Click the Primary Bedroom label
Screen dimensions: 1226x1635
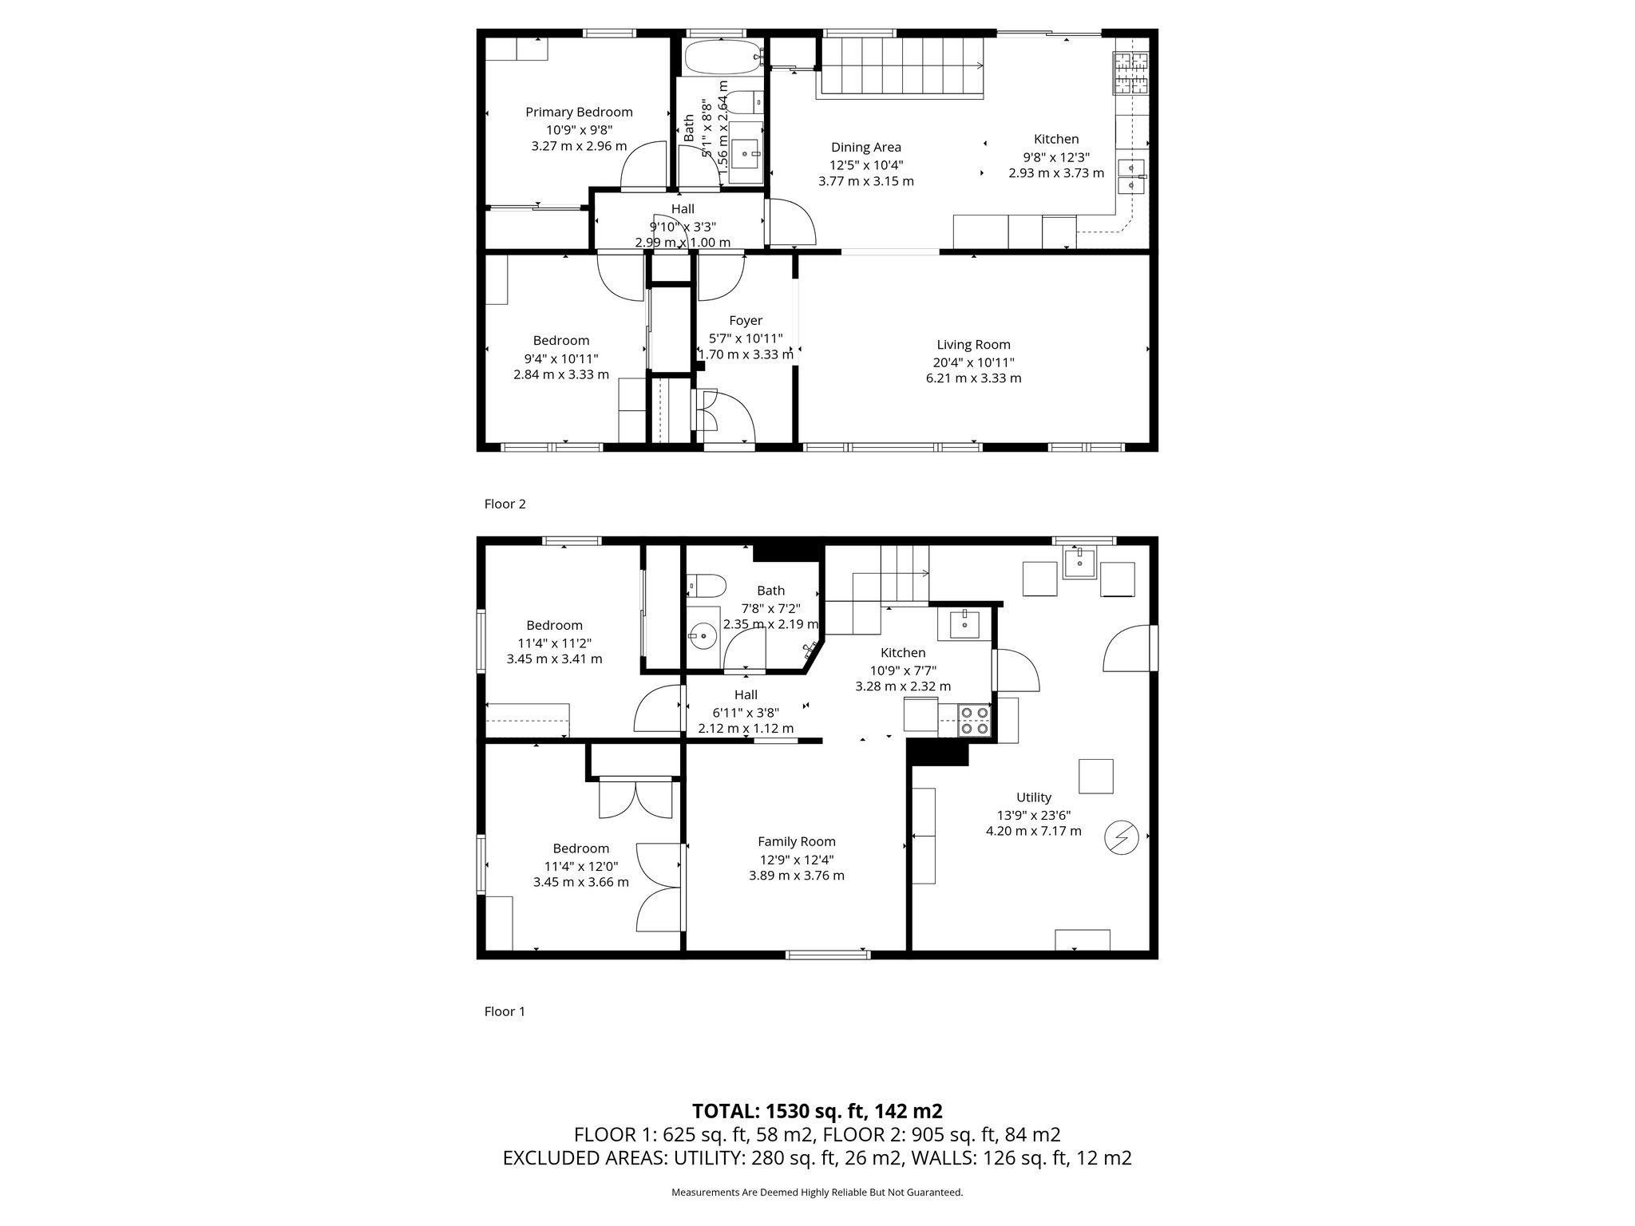pyautogui.click(x=579, y=113)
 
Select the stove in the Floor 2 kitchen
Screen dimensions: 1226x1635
pyautogui.click(x=1131, y=73)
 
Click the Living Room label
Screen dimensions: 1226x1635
pyautogui.click(x=973, y=345)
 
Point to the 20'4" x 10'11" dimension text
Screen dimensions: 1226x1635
pyautogui.click(x=973, y=362)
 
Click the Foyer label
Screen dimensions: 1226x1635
pyautogui.click(x=746, y=321)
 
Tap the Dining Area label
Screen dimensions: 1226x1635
pyautogui.click(x=866, y=147)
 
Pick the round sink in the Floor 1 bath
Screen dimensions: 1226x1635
pyautogui.click(x=704, y=636)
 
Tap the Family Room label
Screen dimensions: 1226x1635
pyautogui.click(x=796, y=841)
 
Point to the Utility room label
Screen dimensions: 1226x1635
pyautogui.click(x=1034, y=797)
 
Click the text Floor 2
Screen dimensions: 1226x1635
pyautogui.click(x=505, y=504)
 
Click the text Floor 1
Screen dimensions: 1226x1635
pyautogui.click(x=505, y=1011)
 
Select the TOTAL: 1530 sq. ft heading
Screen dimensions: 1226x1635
pyautogui.click(x=817, y=1111)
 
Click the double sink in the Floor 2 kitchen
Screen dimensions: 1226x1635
pyautogui.click(x=1131, y=176)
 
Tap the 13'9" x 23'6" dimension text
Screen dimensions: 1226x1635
pyautogui.click(x=1034, y=815)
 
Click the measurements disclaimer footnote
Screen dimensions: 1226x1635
pyautogui.click(x=817, y=1192)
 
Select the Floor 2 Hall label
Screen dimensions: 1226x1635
pyautogui.click(x=683, y=209)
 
